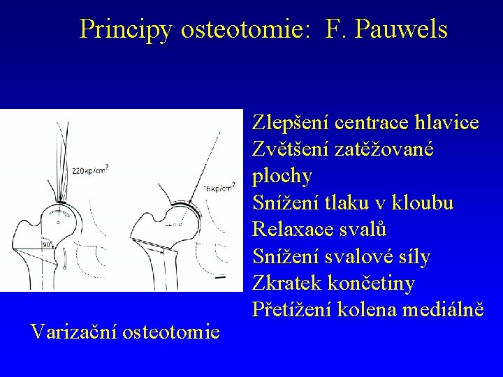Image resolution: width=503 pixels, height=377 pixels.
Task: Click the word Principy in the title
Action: [x=126, y=29]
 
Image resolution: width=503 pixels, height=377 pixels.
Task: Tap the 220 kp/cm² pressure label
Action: [x=90, y=168]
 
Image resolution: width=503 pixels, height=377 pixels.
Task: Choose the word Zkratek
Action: [x=286, y=283]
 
